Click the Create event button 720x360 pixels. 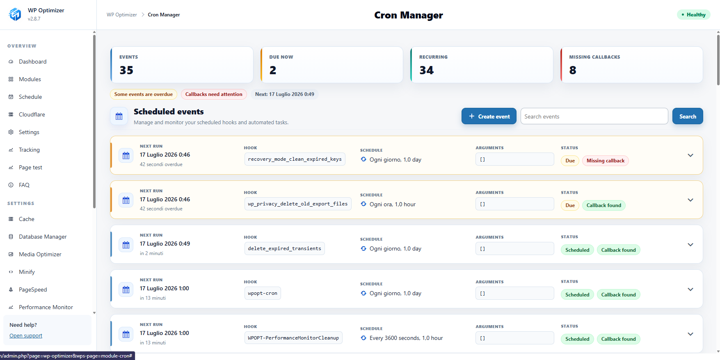click(x=489, y=116)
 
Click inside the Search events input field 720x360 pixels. click(x=594, y=116)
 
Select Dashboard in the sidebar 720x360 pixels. click(x=32, y=62)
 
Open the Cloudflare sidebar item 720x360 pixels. click(x=32, y=114)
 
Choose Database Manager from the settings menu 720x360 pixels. click(x=43, y=237)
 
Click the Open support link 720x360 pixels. click(x=26, y=335)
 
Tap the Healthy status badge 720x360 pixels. click(x=693, y=15)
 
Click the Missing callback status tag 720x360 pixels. click(x=605, y=161)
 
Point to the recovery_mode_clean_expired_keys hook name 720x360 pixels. click(x=295, y=159)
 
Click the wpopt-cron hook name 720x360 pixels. click(x=263, y=293)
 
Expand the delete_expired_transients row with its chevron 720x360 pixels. click(x=690, y=245)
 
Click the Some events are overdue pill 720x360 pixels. click(x=144, y=94)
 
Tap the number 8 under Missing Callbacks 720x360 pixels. click(x=573, y=71)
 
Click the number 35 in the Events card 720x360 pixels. click(x=126, y=71)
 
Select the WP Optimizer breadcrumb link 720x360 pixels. click(x=122, y=15)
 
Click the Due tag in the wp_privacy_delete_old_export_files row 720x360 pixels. click(x=570, y=205)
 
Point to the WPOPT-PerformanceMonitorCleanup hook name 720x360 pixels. click(x=293, y=338)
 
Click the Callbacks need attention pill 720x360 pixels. click(x=214, y=94)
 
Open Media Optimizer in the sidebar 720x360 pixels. click(x=40, y=254)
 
